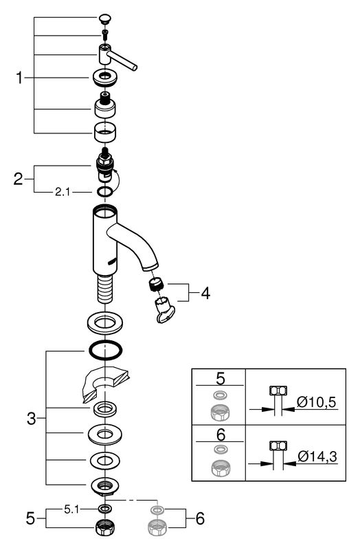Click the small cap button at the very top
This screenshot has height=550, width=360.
[x=105, y=19]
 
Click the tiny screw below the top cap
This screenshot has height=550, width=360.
[x=105, y=34]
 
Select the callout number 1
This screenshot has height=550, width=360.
[x=20, y=78]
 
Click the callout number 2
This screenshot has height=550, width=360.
[x=19, y=179]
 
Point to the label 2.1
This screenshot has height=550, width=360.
[x=63, y=192]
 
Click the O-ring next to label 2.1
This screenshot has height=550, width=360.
[x=105, y=192]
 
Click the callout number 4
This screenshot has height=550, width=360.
[x=205, y=294]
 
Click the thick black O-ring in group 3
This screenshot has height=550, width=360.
[x=106, y=350]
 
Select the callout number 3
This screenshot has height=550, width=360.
[x=32, y=418]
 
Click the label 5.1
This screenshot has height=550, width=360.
[x=71, y=509]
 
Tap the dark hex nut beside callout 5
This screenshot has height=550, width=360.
[x=105, y=527]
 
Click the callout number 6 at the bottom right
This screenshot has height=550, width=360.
[x=200, y=518]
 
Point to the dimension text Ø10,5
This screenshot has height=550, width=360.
[x=316, y=402]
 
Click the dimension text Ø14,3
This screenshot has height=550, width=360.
[x=317, y=456]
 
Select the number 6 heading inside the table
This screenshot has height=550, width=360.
[x=221, y=435]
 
